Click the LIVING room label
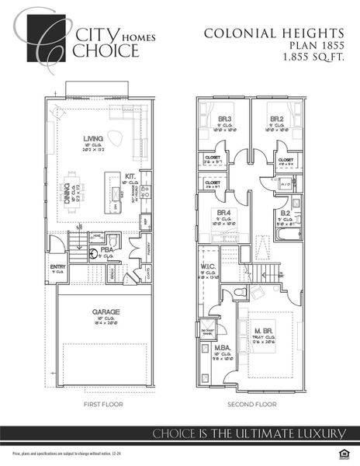[93, 140]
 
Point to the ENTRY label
[58, 266]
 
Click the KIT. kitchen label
[131, 176]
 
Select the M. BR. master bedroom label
[264, 331]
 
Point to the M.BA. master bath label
[223, 348]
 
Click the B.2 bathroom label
[285, 211]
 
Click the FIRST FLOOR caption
[103, 404]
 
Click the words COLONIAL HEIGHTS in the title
[274, 33]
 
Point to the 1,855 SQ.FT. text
[313, 57]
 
